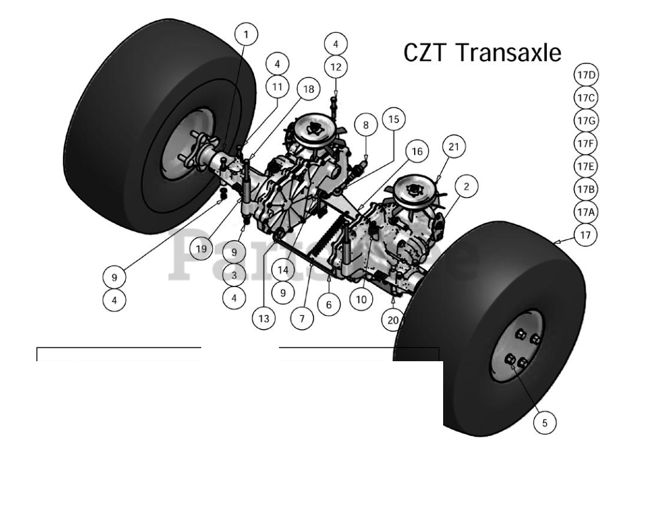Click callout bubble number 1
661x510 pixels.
246,35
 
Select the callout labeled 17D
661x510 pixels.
586,76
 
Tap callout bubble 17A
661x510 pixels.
586,211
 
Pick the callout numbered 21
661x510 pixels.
454,147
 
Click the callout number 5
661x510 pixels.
544,423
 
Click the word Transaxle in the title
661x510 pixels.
509,52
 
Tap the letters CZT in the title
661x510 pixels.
425,52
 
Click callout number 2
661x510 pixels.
466,185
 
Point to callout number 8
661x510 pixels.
365,125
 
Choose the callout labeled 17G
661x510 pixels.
586,120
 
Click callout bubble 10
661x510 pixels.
361,299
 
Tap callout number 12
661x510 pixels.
336,66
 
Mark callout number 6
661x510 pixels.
329,304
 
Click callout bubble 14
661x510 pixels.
283,270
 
